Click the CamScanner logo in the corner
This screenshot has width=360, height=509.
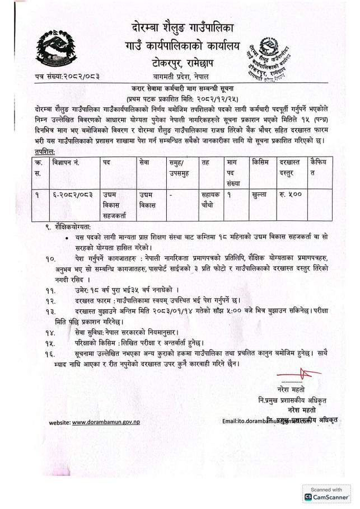coord(328,496)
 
